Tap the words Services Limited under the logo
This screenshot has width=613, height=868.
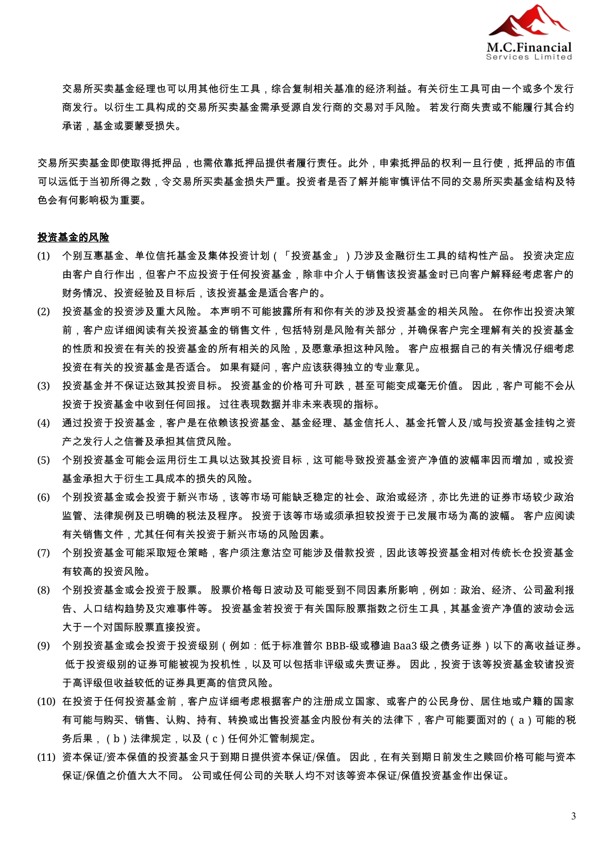pos(529,57)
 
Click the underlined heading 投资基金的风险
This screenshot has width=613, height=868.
pos(73,237)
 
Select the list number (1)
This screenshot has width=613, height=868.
pos(43,256)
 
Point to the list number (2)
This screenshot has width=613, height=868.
pos(43,312)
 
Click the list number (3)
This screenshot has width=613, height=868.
pos(43,386)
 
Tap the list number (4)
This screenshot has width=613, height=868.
pos(43,423)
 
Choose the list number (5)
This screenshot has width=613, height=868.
pos(43,460)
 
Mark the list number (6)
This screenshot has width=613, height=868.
pos(43,497)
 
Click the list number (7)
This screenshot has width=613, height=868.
pos(43,553)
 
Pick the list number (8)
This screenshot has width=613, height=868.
pos(43,590)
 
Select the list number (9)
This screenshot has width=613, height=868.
pos(43,646)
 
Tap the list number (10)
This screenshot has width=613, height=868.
pos(46,701)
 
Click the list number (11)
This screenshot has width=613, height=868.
pos(46,757)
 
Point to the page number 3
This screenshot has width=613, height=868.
pos(573,816)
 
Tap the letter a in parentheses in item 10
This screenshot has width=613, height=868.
pos(521,720)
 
